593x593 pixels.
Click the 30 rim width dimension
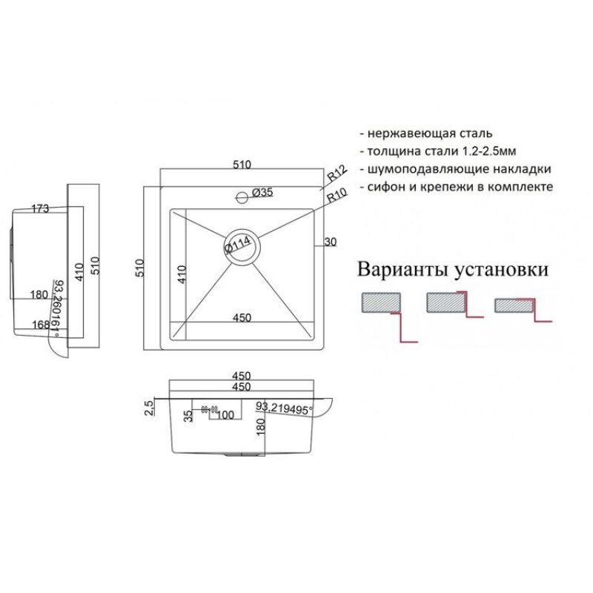331,241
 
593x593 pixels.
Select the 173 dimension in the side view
40,209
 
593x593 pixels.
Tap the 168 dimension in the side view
40,324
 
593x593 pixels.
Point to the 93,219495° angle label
285,407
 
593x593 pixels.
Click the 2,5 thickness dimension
150,406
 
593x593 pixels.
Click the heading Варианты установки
454,269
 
